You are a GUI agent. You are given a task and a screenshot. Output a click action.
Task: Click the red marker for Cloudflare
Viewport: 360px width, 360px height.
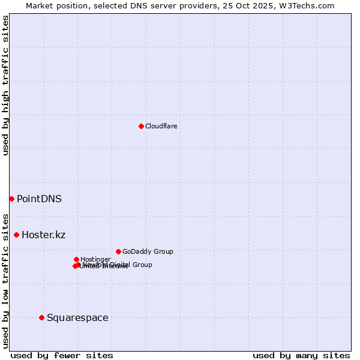coord(141,126)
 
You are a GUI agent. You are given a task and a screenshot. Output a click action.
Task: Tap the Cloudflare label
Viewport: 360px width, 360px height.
coord(161,126)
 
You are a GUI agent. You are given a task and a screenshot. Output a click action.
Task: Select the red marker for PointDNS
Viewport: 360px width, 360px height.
coord(11,199)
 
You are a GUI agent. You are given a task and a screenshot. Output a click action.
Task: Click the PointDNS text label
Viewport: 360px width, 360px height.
coord(39,199)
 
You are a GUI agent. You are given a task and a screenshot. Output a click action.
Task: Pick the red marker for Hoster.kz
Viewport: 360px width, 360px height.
coord(16,235)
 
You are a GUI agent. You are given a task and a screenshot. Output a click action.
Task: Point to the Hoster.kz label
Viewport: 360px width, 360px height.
coord(43,235)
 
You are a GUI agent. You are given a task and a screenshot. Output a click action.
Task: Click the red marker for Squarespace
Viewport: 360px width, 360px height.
coord(41,317)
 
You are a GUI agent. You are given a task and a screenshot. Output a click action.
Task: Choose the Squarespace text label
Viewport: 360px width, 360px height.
coord(77,317)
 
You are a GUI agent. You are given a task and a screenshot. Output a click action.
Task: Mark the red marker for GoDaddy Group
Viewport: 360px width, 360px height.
coord(118,251)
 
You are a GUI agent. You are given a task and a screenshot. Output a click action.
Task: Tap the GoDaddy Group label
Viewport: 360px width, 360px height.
coord(148,251)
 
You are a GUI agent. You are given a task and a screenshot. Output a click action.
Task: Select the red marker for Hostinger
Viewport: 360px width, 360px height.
coord(76,259)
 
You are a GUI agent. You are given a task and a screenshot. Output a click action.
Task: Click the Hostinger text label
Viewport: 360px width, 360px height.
coord(95,259)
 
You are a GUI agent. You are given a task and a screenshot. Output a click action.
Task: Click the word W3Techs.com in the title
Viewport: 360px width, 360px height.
coord(309,5)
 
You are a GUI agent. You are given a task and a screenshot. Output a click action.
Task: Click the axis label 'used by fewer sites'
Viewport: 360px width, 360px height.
coord(62,355)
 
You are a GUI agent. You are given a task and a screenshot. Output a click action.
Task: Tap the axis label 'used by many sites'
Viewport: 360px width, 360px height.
coord(301,355)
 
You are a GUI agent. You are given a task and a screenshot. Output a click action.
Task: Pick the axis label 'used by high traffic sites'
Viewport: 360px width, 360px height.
coord(5,85)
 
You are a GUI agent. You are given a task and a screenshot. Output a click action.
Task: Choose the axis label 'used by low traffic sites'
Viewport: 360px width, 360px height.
coord(5,280)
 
